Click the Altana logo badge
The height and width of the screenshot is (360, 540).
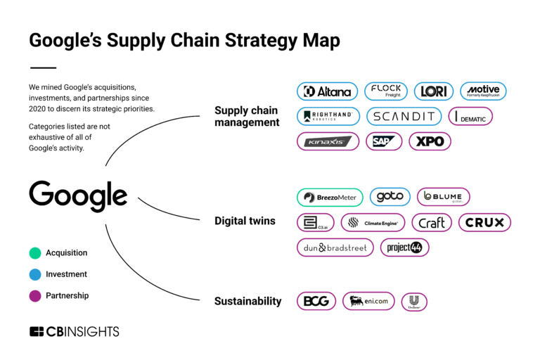326,91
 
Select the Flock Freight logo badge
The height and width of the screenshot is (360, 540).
385,91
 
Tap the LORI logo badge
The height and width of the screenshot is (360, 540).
434,91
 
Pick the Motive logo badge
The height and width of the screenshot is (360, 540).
483,91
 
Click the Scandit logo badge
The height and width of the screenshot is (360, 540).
404,117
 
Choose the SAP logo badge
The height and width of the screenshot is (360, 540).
384,141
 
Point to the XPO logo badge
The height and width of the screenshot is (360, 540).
430,141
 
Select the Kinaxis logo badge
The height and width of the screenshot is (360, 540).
328,141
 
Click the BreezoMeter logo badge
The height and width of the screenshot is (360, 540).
330,198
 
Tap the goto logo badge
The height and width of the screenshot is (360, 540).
390,197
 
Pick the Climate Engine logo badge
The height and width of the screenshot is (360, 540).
373,223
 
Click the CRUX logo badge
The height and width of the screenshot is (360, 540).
484,223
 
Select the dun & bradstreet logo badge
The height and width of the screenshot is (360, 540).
335,247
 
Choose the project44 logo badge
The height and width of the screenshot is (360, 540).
404,247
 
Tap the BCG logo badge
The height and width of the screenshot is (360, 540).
316,302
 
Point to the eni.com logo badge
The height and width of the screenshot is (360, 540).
368,302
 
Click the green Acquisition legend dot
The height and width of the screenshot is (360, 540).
35,253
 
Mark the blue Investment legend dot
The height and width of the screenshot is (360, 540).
35,274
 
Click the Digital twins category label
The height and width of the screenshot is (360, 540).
245,221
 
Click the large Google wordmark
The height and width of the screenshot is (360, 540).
78,196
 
